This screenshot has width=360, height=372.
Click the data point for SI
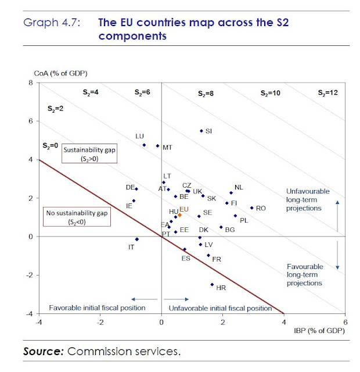tap(201, 131)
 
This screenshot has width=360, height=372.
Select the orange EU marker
tap(180, 214)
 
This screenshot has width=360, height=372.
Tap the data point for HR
tap(212, 284)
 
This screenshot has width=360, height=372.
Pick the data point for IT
tap(136, 239)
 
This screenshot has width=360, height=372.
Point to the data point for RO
tap(251, 208)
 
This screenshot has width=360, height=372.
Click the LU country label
tap(139, 136)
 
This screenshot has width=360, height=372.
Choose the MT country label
tap(167, 148)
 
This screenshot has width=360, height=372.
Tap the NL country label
tap(239, 188)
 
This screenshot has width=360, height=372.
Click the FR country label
tap(217, 259)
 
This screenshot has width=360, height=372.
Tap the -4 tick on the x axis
tap(39, 321)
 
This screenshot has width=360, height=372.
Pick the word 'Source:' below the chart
tap(44, 352)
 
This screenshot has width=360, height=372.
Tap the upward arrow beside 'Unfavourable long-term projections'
tap(338, 205)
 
